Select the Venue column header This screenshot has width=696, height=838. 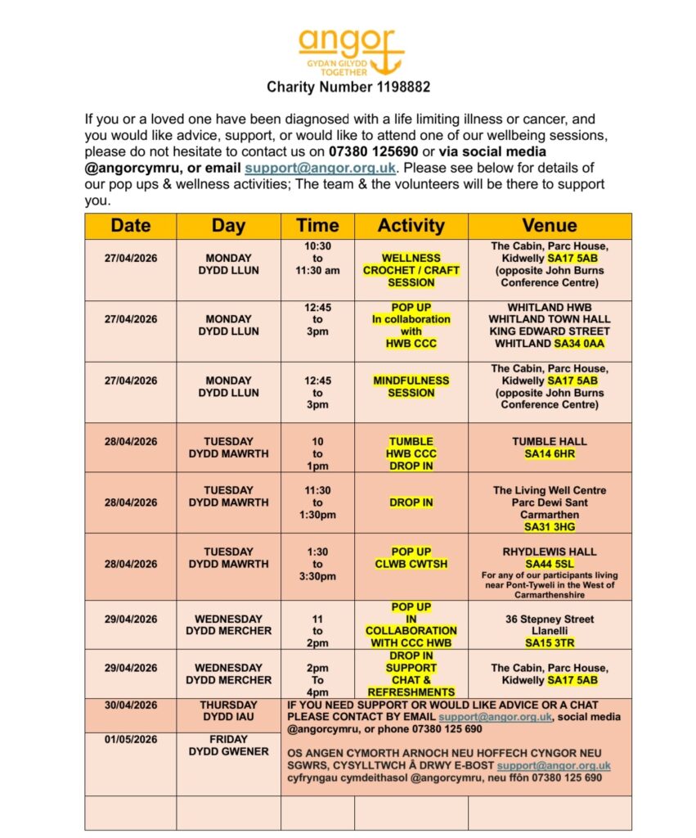[550, 226]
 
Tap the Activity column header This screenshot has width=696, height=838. [411, 226]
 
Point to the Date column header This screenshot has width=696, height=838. [131, 226]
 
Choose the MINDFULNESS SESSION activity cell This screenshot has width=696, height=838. [411, 386]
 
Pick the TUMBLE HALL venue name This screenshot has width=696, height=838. [550, 441]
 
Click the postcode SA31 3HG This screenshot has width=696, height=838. [550, 527]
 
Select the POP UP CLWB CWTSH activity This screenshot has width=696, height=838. [411, 558]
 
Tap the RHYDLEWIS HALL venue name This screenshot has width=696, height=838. [550, 552]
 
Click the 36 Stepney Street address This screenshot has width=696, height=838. [550, 619]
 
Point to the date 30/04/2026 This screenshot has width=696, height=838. [131, 705]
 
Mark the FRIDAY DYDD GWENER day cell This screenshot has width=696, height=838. [228, 746]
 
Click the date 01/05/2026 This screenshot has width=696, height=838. [131, 740]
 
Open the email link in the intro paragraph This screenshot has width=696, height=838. [321, 168]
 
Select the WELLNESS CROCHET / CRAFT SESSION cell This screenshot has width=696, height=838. [411, 270]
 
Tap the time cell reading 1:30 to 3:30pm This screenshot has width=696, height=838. [317, 564]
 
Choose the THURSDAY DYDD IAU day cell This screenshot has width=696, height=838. [228, 710]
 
